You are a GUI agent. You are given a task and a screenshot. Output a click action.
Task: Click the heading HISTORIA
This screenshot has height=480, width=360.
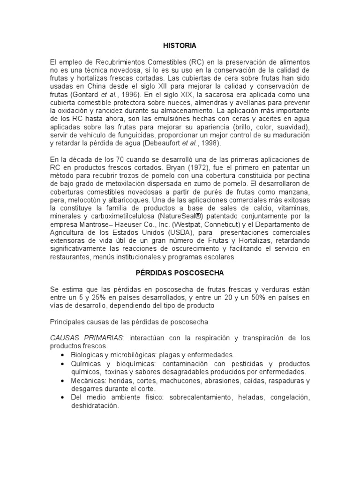pyautogui.click(x=180, y=45)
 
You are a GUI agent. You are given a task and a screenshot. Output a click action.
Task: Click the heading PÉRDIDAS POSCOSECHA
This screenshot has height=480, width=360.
pyautogui.click(x=180, y=272)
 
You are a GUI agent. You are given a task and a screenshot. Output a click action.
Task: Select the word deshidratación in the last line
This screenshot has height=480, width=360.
pyautogui.click(x=95, y=406)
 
